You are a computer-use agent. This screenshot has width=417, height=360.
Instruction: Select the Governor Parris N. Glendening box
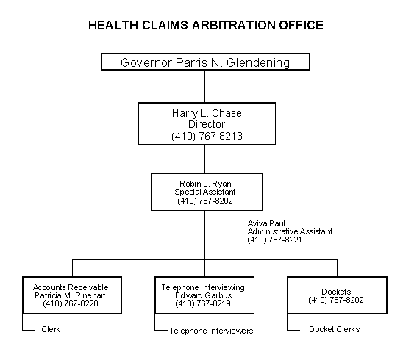(x=205, y=62)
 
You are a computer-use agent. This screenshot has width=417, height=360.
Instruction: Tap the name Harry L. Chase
(x=207, y=113)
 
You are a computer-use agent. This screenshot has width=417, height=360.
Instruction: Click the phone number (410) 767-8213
(x=207, y=136)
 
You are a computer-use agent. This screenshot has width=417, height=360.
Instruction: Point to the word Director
(x=207, y=124)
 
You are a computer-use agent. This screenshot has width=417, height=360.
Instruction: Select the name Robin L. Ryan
(x=205, y=184)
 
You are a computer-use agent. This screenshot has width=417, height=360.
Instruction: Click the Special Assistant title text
(x=205, y=192)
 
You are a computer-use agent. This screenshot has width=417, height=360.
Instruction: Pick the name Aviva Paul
(x=266, y=223)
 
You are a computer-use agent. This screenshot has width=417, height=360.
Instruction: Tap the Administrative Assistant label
(x=290, y=231)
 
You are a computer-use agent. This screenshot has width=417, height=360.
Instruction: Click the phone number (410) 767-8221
(x=274, y=240)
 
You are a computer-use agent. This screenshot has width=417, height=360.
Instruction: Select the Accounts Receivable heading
(x=71, y=287)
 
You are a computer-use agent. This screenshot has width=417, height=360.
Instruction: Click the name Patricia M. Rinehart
(x=70, y=295)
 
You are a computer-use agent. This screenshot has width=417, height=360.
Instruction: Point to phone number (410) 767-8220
(x=71, y=303)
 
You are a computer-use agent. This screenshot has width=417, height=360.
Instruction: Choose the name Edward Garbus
(x=204, y=295)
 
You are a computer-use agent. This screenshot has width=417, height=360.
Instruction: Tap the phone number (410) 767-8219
(x=203, y=303)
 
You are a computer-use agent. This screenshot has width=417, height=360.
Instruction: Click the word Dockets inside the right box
(x=336, y=292)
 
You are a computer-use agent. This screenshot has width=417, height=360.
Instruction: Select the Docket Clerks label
(x=335, y=329)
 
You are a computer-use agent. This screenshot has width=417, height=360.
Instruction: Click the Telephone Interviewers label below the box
(x=211, y=331)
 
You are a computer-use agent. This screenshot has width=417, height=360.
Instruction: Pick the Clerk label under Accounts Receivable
(x=51, y=329)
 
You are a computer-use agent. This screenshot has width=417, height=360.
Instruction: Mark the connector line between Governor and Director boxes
(x=204, y=87)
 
